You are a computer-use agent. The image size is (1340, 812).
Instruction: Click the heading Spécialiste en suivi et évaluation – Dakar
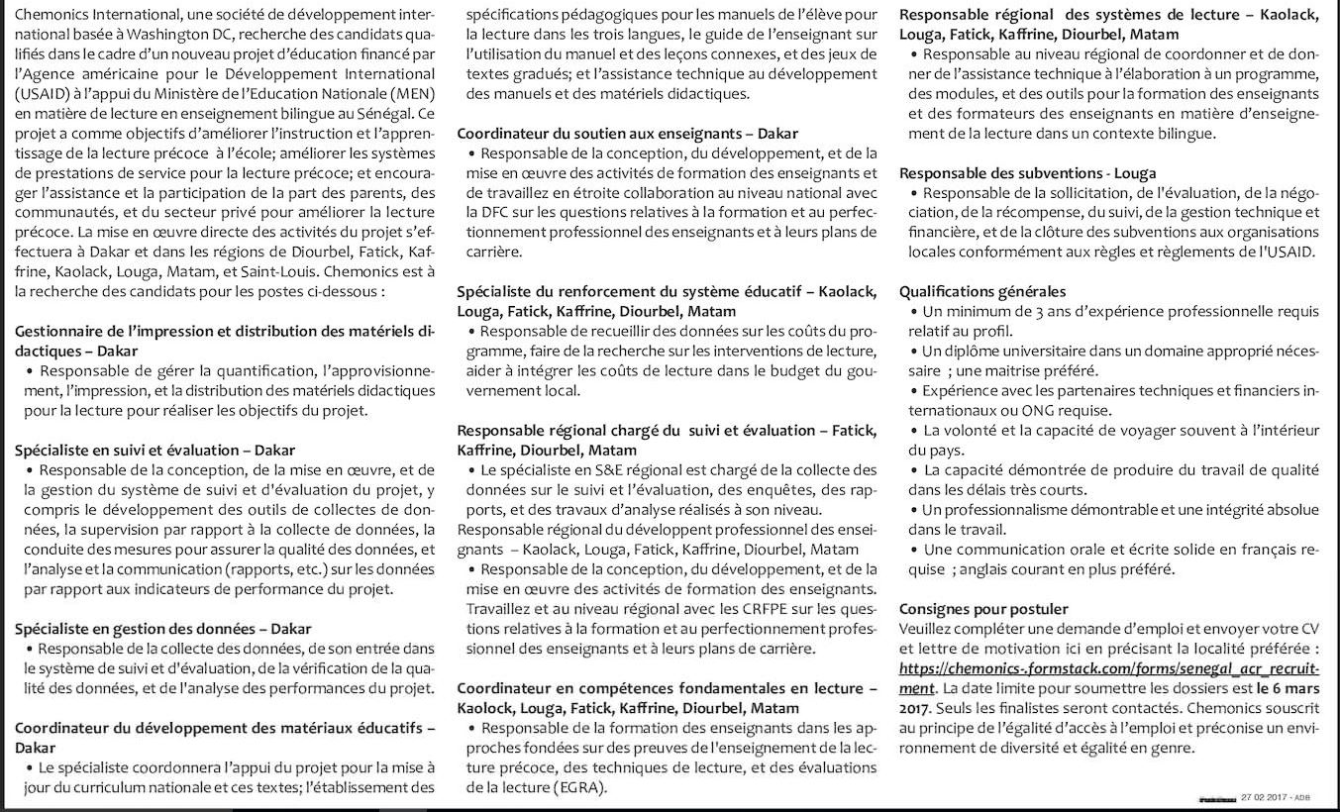(155, 450)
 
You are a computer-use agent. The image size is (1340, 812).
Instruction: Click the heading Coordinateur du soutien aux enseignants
(627, 133)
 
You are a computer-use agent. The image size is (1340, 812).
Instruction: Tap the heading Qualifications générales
(982, 291)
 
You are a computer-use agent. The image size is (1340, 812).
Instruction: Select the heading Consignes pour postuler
(983, 608)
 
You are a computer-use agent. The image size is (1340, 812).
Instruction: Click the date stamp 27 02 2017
(1266, 798)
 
